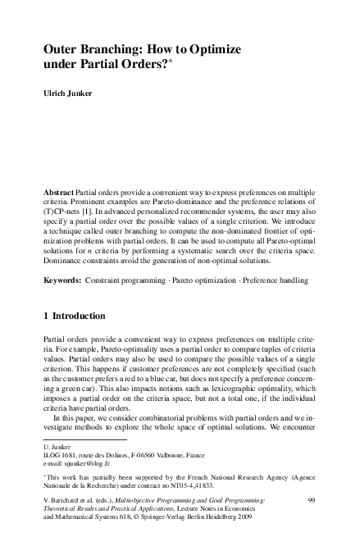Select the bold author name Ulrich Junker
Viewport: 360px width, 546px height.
coord(68,93)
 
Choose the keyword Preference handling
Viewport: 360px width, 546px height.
coord(281,280)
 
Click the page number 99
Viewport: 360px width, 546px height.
coord(311,499)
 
